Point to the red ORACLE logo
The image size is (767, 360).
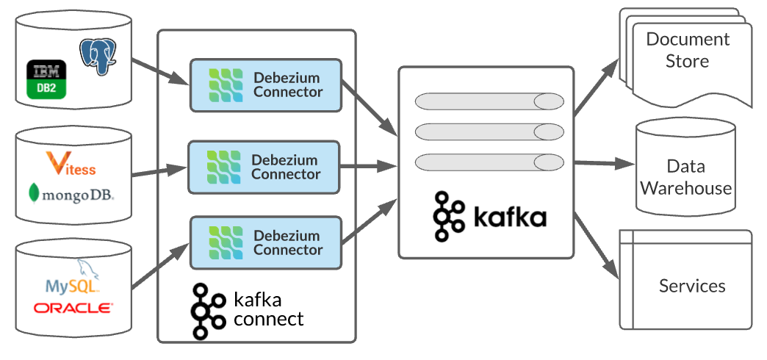pyautogui.click(x=73, y=307)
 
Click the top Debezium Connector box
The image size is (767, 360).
pyautogui.click(x=266, y=85)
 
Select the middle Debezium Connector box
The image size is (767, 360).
pyautogui.click(x=264, y=167)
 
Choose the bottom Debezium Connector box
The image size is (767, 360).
pyautogui.click(x=266, y=242)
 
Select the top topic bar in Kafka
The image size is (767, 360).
pyautogui.click(x=486, y=101)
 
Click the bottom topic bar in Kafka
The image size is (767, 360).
pyautogui.click(x=486, y=161)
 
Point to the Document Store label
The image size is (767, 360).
pyautogui.click(x=687, y=50)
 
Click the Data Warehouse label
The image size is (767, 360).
pyautogui.click(x=685, y=177)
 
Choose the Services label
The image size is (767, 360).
pyautogui.click(x=692, y=286)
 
